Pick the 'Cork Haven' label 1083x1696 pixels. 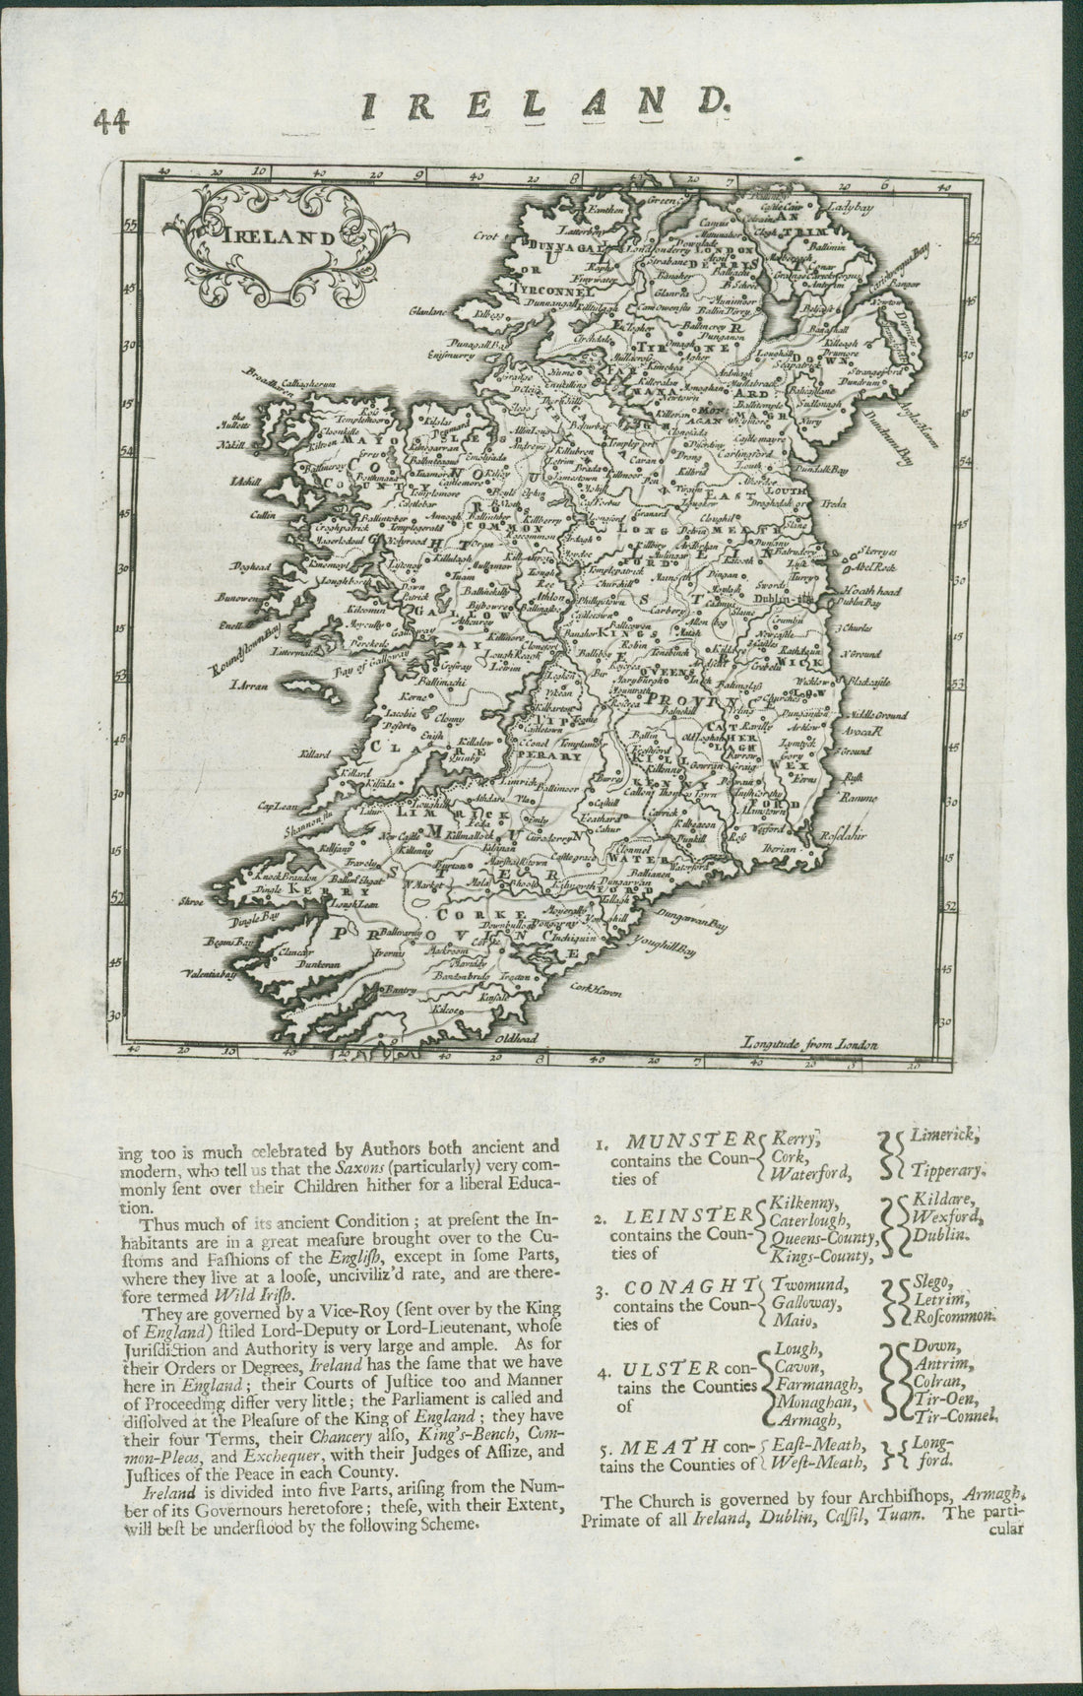pyautogui.click(x=595, y=993)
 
